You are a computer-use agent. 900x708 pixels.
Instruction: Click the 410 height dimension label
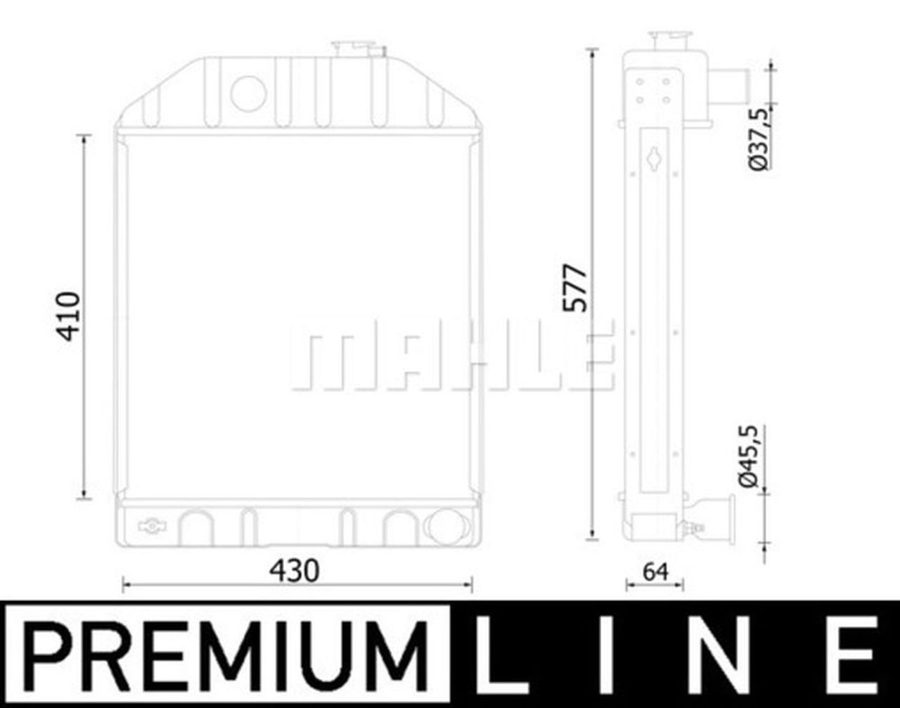[x=69, y=316]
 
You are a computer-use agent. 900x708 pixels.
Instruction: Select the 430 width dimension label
[x=295, y=571]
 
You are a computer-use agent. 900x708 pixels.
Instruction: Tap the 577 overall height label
[x=575, y=288]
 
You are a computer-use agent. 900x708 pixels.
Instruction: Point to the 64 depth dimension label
[x=655, y=572]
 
